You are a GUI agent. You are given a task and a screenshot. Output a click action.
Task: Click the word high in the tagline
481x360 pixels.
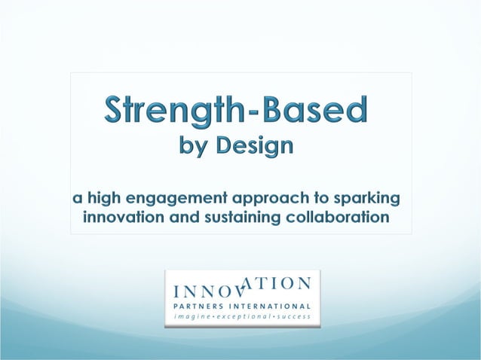tap(105, 200)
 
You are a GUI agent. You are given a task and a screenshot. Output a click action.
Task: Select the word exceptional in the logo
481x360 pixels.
tap(244, 318)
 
